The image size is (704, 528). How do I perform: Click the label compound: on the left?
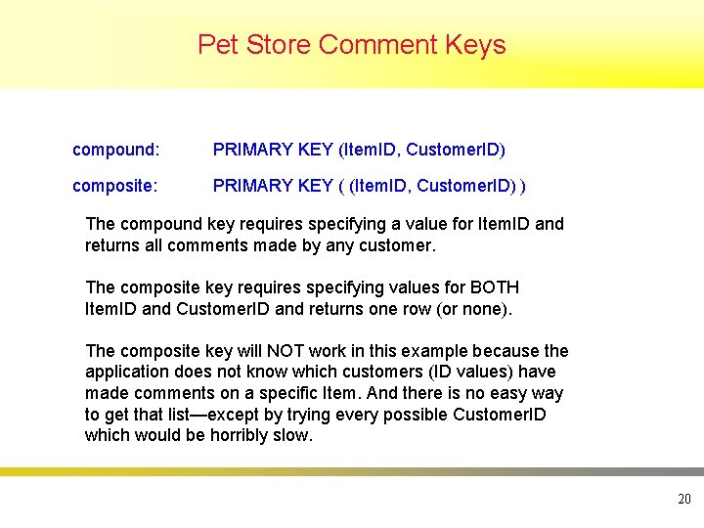coord(115,150)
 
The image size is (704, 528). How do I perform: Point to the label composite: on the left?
coord(115,186)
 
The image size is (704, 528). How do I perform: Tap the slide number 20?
coord(683,500)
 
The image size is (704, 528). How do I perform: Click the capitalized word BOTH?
coord(496,287)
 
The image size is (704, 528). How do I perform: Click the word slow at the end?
coord(293,435)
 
